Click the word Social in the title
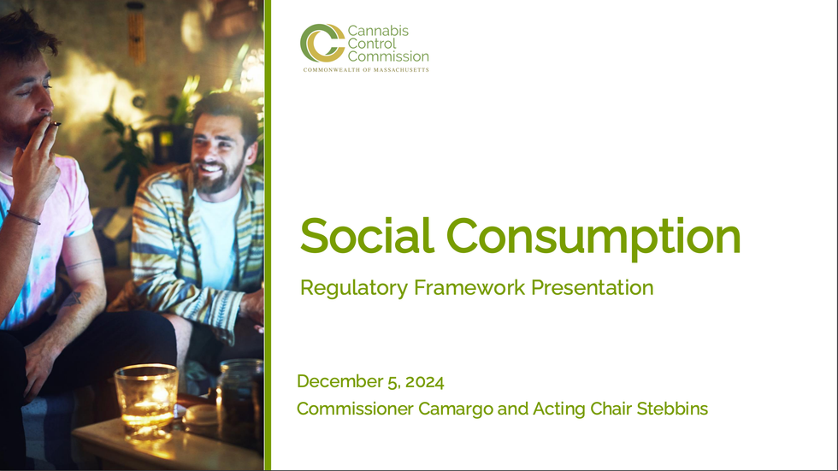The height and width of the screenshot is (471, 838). coord(367,235)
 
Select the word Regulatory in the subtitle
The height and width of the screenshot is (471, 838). coord(354,288)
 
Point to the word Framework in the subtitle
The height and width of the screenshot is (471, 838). coord(469,287)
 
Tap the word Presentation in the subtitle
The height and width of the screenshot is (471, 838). coord(592,287)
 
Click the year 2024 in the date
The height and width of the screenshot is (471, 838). coord(424,382)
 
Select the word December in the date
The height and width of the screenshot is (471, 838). coord(340,381)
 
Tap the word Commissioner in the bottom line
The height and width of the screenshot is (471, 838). coord(356,409)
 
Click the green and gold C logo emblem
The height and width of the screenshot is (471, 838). coord(322,43)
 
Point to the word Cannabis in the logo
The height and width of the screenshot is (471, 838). coord(378,31)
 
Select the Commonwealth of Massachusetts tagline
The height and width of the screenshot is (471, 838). coord(366,70)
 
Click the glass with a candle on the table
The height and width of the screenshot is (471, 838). coord(146,401)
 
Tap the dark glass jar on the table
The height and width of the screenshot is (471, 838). coord(239,402)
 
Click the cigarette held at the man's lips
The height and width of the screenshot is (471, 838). coord(54,124)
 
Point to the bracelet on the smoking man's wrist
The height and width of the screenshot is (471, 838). coord(24,217)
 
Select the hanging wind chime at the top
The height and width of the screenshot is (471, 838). coord(137,32)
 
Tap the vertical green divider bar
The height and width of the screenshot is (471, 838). coord(268,236)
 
